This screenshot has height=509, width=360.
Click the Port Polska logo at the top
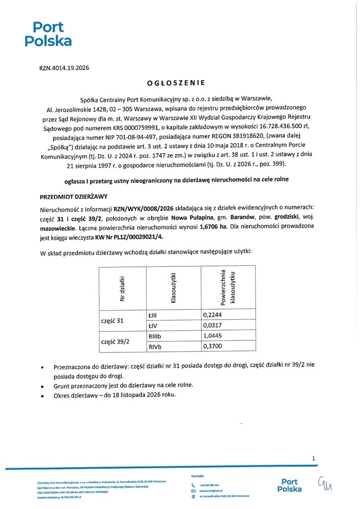pyautogui.click(x=48, y=34)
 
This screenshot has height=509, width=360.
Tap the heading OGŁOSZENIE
pyautogui.click(x=177, y=83)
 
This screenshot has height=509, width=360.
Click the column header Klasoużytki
pyautogui.click(x=174, y=288)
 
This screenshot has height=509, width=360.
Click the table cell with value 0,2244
pyautogui.click(x=213, y=315)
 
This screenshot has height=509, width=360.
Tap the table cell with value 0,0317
pyautogui.click(x=213, y=326)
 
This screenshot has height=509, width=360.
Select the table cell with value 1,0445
pyautogui.click(x=213, y=336)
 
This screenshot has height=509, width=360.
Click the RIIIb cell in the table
pyautogui.click(x=156, y=336)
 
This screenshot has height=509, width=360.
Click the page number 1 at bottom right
pyautogui.click(x=314, y=459)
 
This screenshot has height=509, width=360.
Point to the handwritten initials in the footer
pyautogui.click(x=327, y=483)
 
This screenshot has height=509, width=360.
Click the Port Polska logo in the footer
pyautogui.click(x=289, y=485)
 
